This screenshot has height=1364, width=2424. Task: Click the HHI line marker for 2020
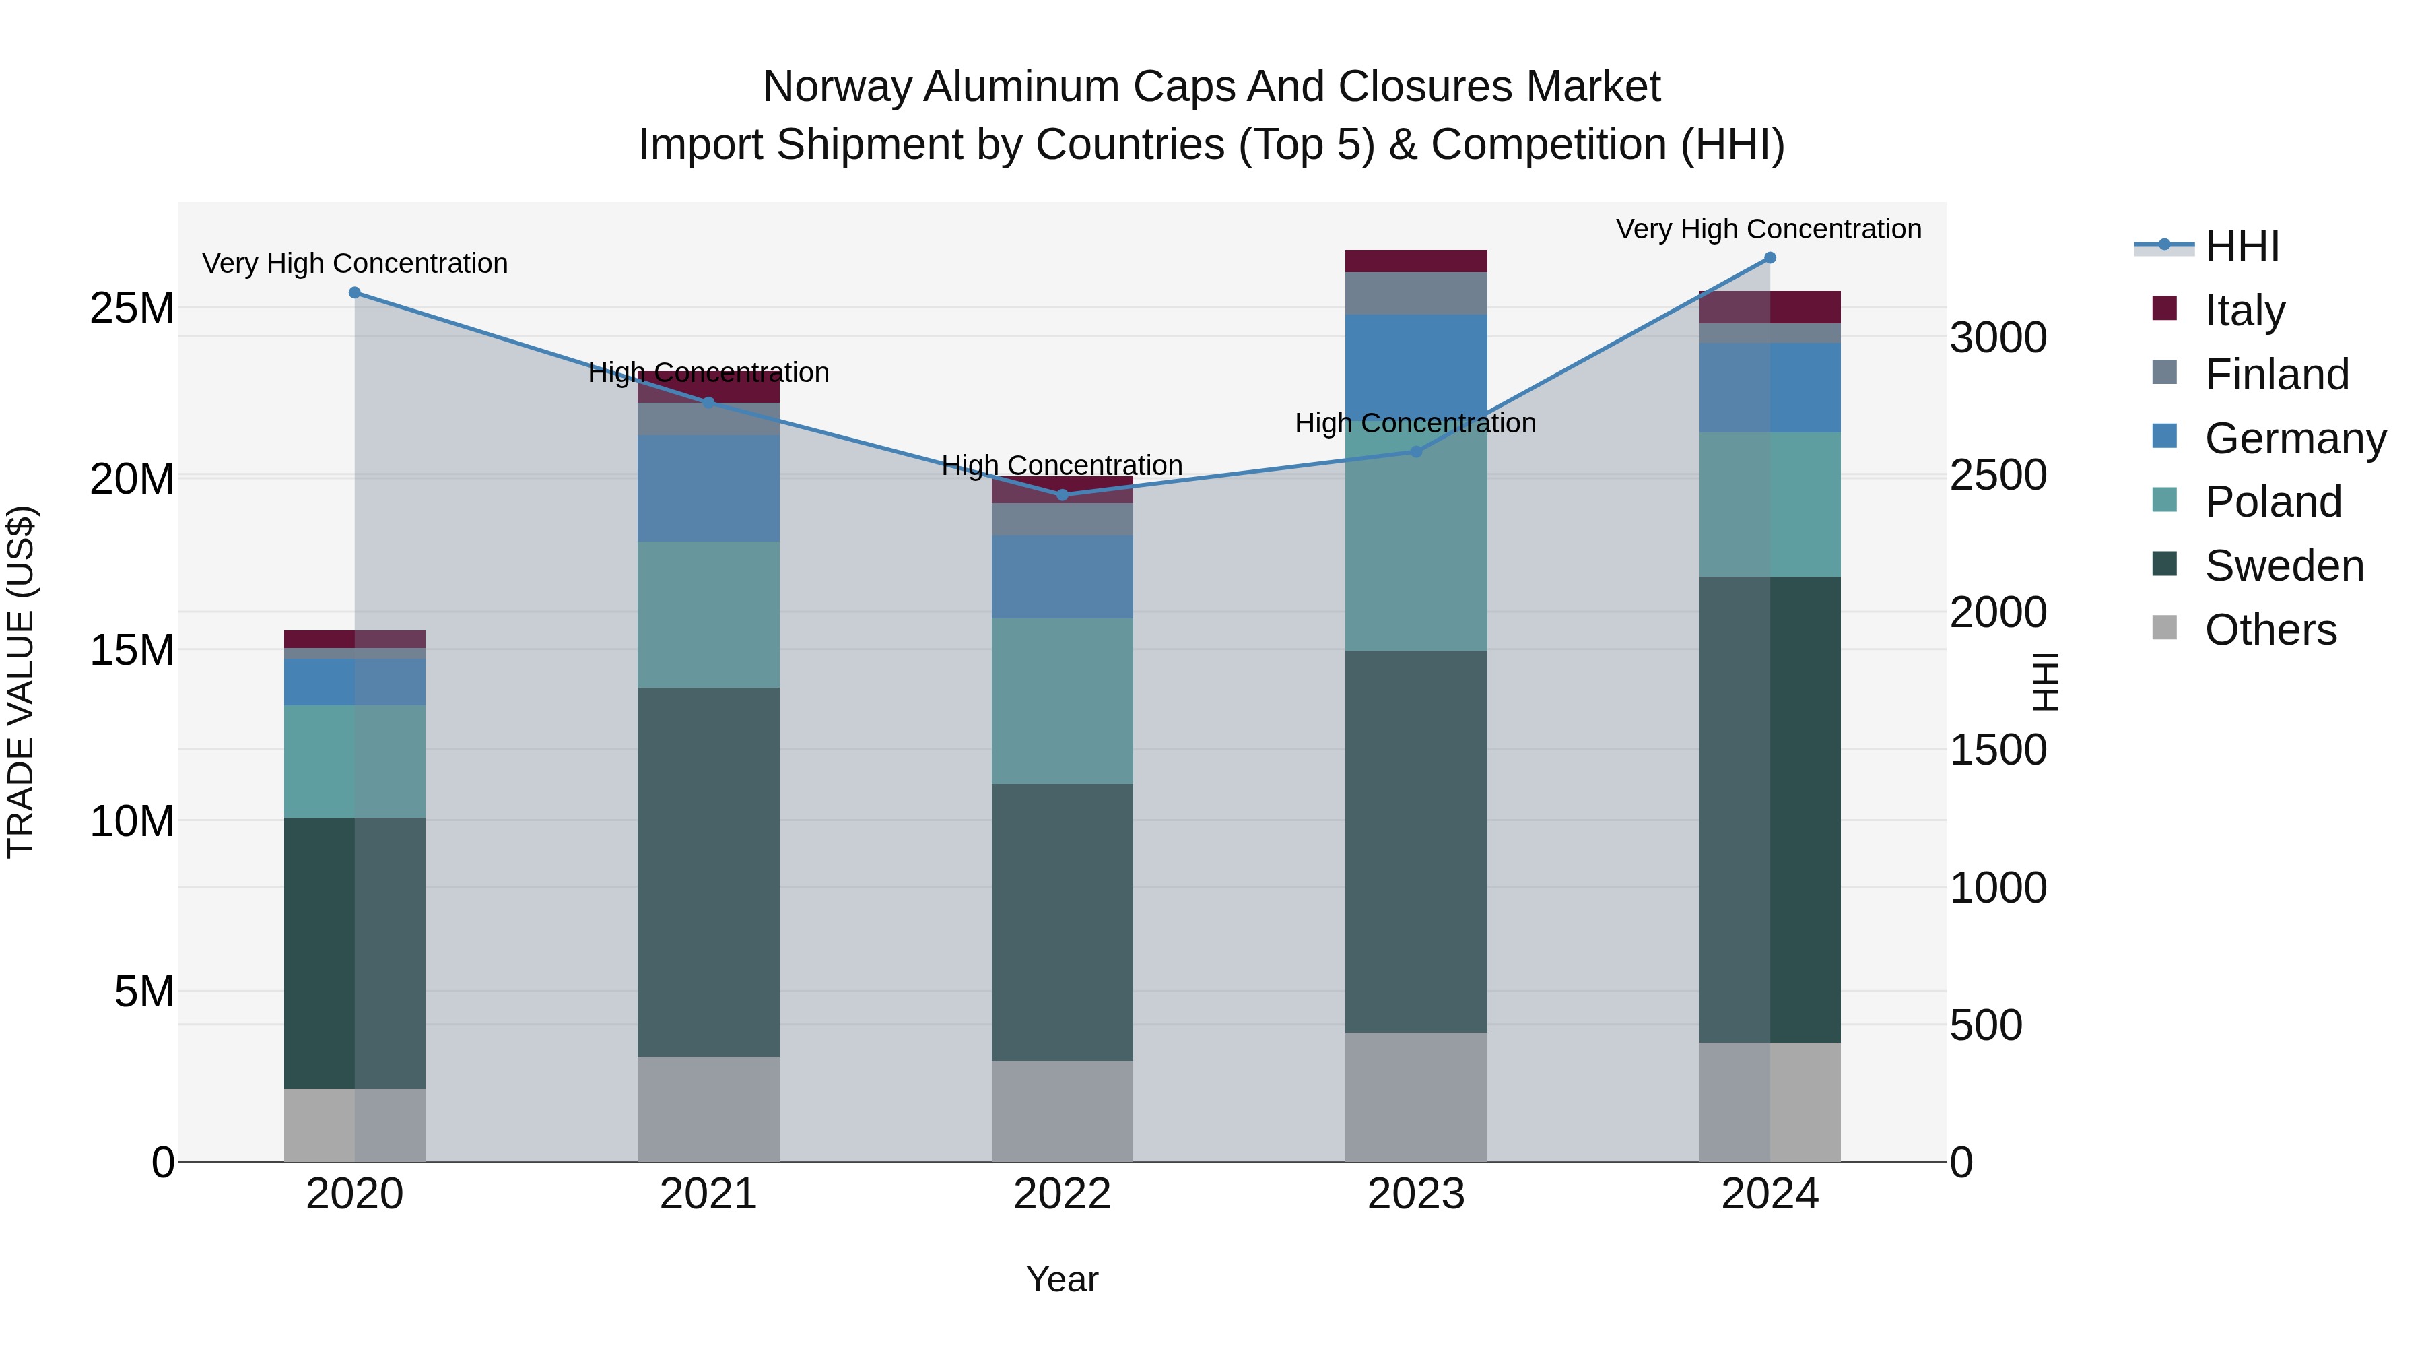[x=355, y=293]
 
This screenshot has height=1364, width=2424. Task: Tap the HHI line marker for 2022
[x=1063, y=495]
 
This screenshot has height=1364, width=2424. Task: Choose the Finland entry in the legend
[x=2277, y=375]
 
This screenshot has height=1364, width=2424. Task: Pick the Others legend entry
[x=2270, y=630]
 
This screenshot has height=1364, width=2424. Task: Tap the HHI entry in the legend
[x=2242, y=247]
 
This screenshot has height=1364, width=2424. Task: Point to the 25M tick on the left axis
[x=132, y=308]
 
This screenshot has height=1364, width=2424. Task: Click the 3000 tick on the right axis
[x=1998, y=338]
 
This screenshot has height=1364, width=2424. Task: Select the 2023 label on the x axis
[x=1415, y=1194]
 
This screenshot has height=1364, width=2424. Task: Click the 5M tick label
[x=144, y=992]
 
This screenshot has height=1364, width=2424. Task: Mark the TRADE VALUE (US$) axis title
[x=21, y=682]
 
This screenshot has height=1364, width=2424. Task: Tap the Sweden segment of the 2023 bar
[x=1415, y=841]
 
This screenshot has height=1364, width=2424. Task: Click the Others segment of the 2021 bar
[x=708, y=1109]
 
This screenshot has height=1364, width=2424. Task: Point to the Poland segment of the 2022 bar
[x=1063, y=701]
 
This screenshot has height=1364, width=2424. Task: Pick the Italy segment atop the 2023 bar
[x=1415, y=261]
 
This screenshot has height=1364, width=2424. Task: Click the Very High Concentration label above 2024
[x=1768, y=230]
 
